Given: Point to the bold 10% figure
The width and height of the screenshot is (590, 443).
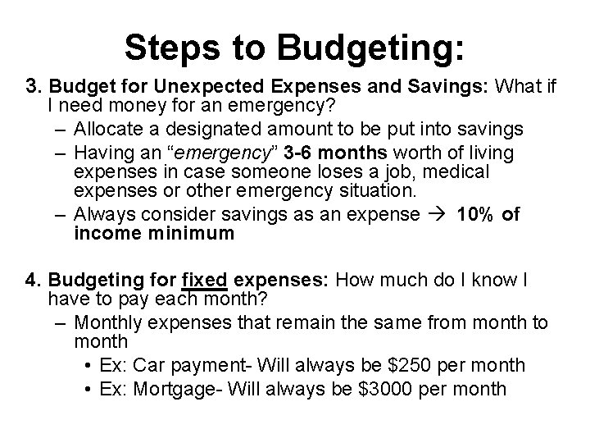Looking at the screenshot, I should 474,213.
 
